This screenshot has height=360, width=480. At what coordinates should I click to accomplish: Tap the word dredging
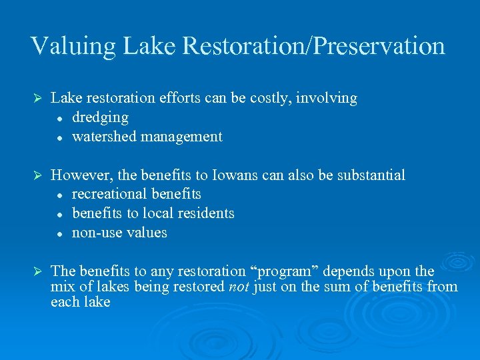pyautogui.click(x=100, y=117)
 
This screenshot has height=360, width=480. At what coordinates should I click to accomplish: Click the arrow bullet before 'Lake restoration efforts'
pyautogui.click(x=38, y=99)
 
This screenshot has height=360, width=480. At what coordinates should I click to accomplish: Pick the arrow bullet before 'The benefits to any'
pyautogui.click(x=38, y=272)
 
